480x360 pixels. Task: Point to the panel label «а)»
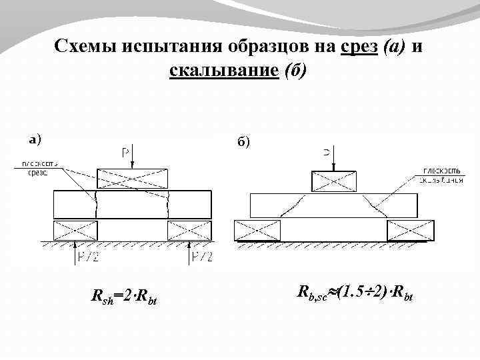click(x=34, y=140)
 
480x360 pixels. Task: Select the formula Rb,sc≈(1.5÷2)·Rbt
click(x=355, y=291)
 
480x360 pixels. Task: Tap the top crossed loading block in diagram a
click(x=133, y=178)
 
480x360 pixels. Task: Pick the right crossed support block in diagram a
click(x=189, y=231)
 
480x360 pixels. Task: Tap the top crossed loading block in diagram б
click(x=334, y=181)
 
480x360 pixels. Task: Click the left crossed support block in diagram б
click(x=257, y=231)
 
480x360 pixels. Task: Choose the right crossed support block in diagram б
click(x=411, y=231)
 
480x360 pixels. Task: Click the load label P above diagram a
click(x=125, y=153)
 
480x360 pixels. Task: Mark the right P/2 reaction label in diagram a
click(x=202, y=256)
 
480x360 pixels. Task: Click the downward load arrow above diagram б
click(x=334, y=160)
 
